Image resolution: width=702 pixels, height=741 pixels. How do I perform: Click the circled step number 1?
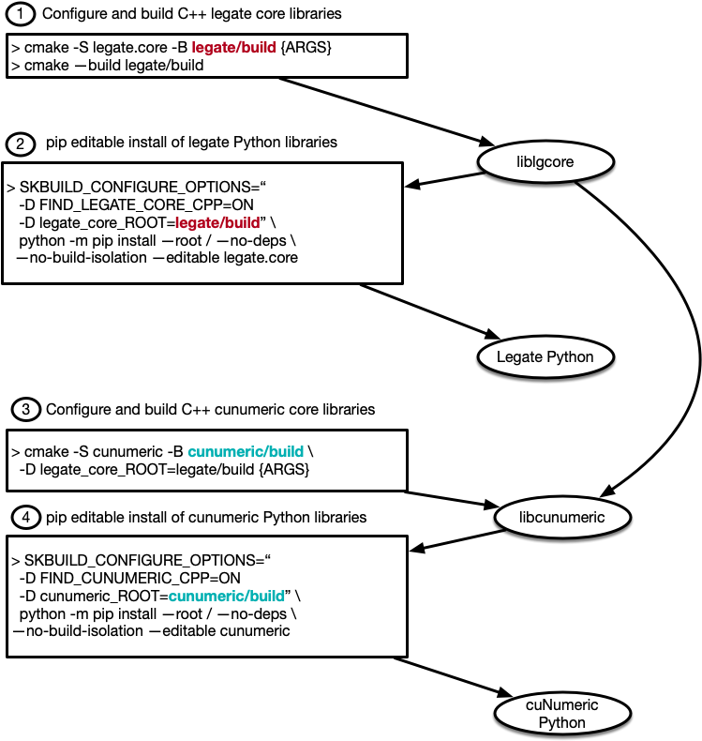(x=21, y=16)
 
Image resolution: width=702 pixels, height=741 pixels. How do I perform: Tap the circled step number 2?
(x=20, y=144)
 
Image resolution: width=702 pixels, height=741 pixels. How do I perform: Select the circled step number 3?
(x=25, y=410)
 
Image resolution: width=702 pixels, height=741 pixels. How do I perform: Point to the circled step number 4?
(x=24, y=517)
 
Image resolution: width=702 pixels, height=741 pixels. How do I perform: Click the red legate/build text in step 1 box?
(x=231, y=47)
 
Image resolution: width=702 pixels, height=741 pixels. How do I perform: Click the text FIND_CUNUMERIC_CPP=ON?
(x=128, y=577)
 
